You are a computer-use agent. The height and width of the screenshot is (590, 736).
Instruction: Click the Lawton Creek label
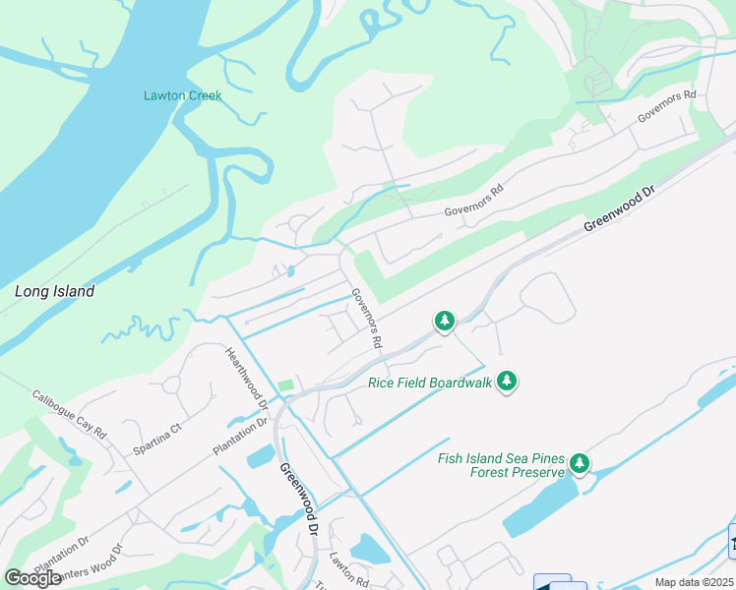(183, 95)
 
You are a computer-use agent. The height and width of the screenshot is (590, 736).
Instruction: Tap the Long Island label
(55, 291)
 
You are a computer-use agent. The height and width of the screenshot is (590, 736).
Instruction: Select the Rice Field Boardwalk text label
(429, 383)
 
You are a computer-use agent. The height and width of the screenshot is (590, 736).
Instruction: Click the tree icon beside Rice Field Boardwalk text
(507, 381)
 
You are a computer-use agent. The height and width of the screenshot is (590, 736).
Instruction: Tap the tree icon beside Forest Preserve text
(580, 462)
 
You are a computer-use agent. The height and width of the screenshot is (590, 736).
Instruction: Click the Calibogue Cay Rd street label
(69, 413)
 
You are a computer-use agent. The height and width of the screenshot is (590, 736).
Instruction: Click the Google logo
(33, 577)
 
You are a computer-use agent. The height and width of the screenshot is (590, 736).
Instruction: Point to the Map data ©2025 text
(694, 582)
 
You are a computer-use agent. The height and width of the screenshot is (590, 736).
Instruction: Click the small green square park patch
(285, 385)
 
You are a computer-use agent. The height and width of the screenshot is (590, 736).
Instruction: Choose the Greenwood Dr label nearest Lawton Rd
(298, 500)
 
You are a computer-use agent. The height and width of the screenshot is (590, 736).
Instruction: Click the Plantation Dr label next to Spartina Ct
(240, 437)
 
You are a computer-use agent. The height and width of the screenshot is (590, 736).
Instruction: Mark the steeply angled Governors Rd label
(366, 319)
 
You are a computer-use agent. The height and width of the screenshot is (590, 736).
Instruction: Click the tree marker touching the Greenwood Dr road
(445, 321)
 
